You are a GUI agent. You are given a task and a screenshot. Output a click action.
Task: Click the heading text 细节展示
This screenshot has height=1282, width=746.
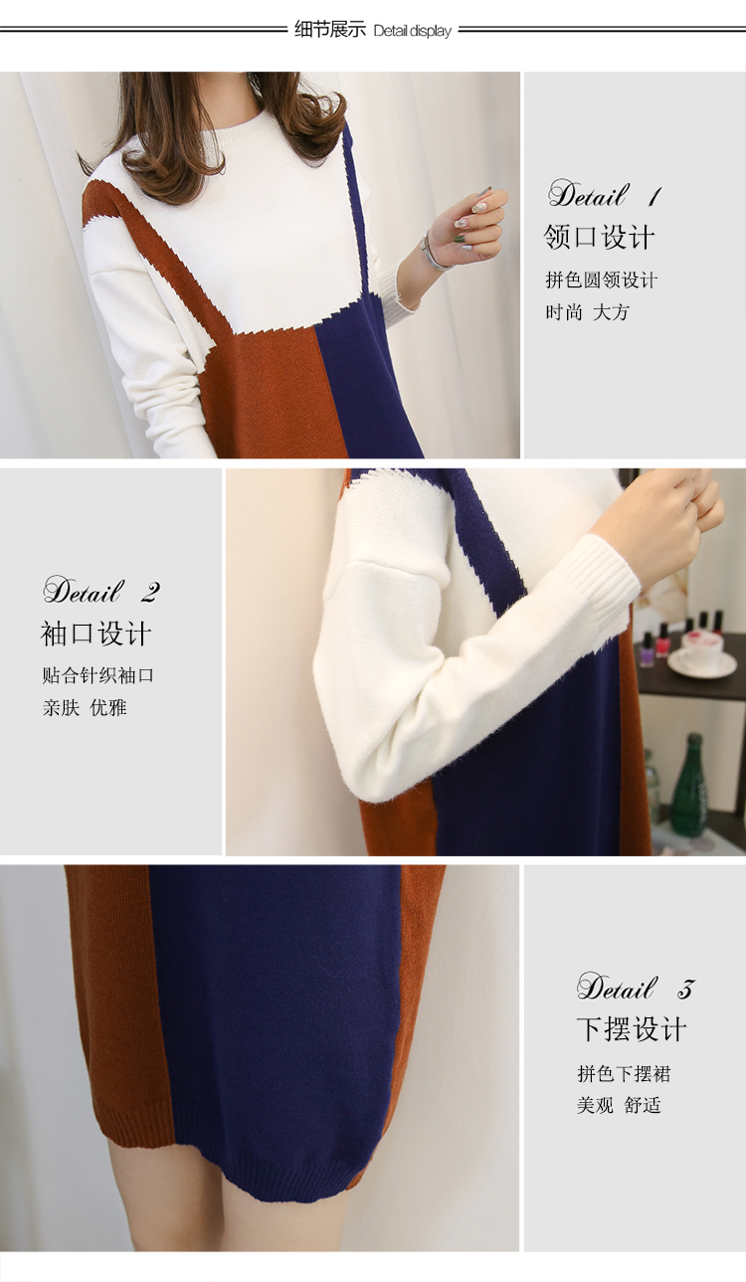coord(330,29)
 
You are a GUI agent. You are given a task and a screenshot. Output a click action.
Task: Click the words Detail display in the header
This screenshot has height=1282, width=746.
coord(412,31)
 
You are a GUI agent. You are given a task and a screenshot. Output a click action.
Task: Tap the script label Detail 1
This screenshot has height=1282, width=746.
coord(605,194)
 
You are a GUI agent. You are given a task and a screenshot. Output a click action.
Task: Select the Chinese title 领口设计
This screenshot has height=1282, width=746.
coord(599,237)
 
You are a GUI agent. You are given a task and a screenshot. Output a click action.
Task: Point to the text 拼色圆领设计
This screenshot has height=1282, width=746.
coord(601,280)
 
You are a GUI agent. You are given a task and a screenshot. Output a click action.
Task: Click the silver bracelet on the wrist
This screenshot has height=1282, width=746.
coord(433,253)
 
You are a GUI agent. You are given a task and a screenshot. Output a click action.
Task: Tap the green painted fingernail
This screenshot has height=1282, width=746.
coord(460,238)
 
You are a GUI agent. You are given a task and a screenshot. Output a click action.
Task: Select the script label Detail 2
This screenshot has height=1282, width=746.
coord(101,591)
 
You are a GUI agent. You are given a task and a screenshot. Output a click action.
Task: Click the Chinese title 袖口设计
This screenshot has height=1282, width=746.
coord(95,634)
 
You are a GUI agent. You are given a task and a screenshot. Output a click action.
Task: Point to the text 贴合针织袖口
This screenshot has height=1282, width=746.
coord(97,676)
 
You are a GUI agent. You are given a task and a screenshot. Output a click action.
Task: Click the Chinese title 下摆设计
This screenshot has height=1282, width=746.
coord(632,1029)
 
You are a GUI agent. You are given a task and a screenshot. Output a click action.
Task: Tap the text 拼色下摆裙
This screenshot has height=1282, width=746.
coord(624,1074)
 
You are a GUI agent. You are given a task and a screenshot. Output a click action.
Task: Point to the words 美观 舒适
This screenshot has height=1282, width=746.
coord(619,1105)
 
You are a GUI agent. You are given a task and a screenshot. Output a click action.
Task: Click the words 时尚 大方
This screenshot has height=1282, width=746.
coord(588,312)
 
